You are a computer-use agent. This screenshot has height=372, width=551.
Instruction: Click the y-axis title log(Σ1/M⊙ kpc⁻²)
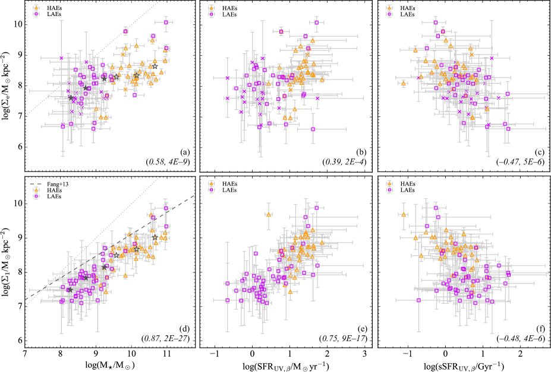[x=7, y=262]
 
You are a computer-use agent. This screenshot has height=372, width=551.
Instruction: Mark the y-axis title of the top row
[x=7, y=86]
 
